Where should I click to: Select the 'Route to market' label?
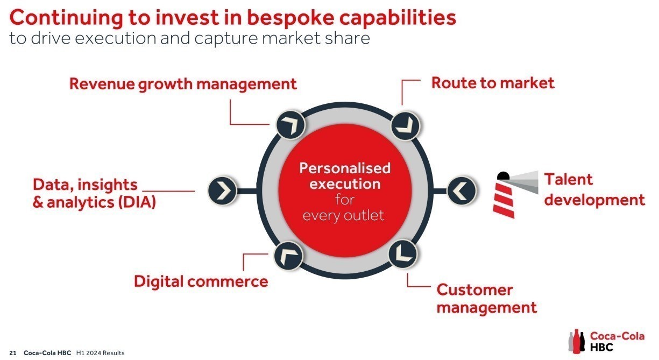click(493, 83)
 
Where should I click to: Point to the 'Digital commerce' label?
click(201, 281)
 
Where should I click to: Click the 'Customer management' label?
click(487, 299)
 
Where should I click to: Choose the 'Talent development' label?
click(594, 190)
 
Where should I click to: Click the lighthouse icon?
click(515, 195)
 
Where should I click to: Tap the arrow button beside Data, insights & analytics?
click(222, 190)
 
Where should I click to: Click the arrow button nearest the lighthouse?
click(462, 190)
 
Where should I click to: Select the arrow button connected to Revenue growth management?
click(290, 125)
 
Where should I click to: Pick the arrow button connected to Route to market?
click(406, 126)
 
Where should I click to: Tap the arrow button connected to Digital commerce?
click(288, 256)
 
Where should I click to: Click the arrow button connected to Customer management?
click(403, 254)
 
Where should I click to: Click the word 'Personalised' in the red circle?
click(345, 168)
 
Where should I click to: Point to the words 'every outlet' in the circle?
click(343, 216)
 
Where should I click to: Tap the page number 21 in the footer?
click(13, 353)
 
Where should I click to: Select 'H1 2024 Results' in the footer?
click(100, 353)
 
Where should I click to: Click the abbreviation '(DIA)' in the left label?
click(137, 202)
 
